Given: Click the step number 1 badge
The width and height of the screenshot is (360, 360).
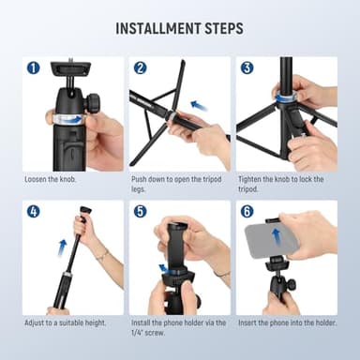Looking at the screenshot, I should coord(34,67).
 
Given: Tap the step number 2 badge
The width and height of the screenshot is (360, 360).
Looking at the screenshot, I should coord(141,67).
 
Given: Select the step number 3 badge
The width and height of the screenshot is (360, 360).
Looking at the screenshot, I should coord(247,67).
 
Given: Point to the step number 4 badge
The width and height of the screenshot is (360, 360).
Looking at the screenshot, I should coord(34,211).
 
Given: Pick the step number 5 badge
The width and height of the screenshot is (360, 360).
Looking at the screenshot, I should coord(141,211).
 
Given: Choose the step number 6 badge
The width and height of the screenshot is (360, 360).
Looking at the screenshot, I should coord(247,211).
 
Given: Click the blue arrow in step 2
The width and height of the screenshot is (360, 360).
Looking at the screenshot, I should coord(198,105).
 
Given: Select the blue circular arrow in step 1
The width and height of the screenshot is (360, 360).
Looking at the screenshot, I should coord(67,119).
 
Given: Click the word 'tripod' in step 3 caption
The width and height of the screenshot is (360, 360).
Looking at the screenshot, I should coord(247,187).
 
